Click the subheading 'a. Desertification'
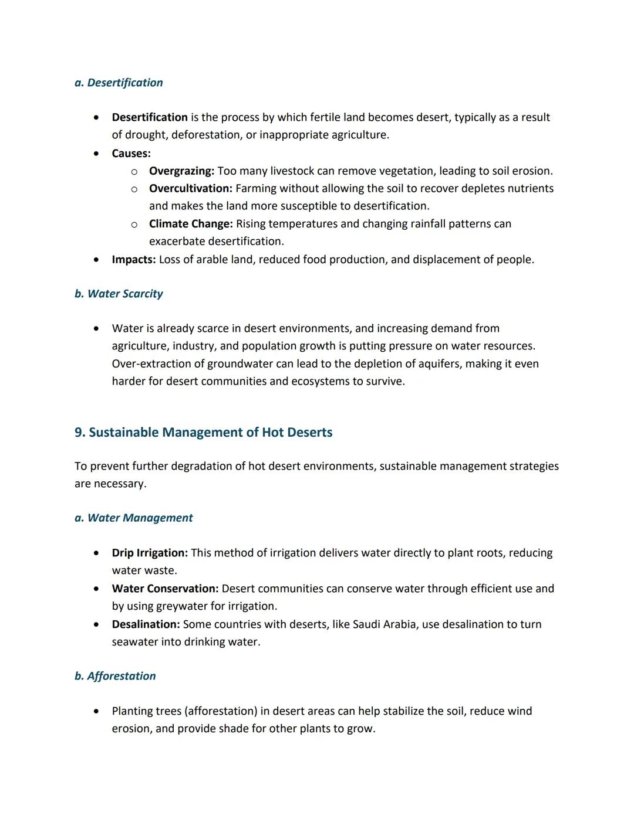click(x=119, y=83)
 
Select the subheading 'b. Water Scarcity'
click(x=119, y=294)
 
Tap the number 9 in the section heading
click(x=79, y=433)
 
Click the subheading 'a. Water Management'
click(x=133, y=518)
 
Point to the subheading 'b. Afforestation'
click(x=115, y=676)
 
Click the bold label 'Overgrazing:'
click(x=181, y=171)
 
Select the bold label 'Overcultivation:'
click(x=190, y=189)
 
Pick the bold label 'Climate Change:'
click(x=191, y=224)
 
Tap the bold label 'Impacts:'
click(x=134, y=260)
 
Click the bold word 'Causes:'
click(x=131, y=154)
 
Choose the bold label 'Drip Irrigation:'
click(x=150, y=553)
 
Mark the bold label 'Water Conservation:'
click(x=165, y=589)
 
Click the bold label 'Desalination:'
click(x=146, y=624)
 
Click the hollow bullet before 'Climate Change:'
click(x=134, y=225)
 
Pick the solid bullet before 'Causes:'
click(x=96, y=154)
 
